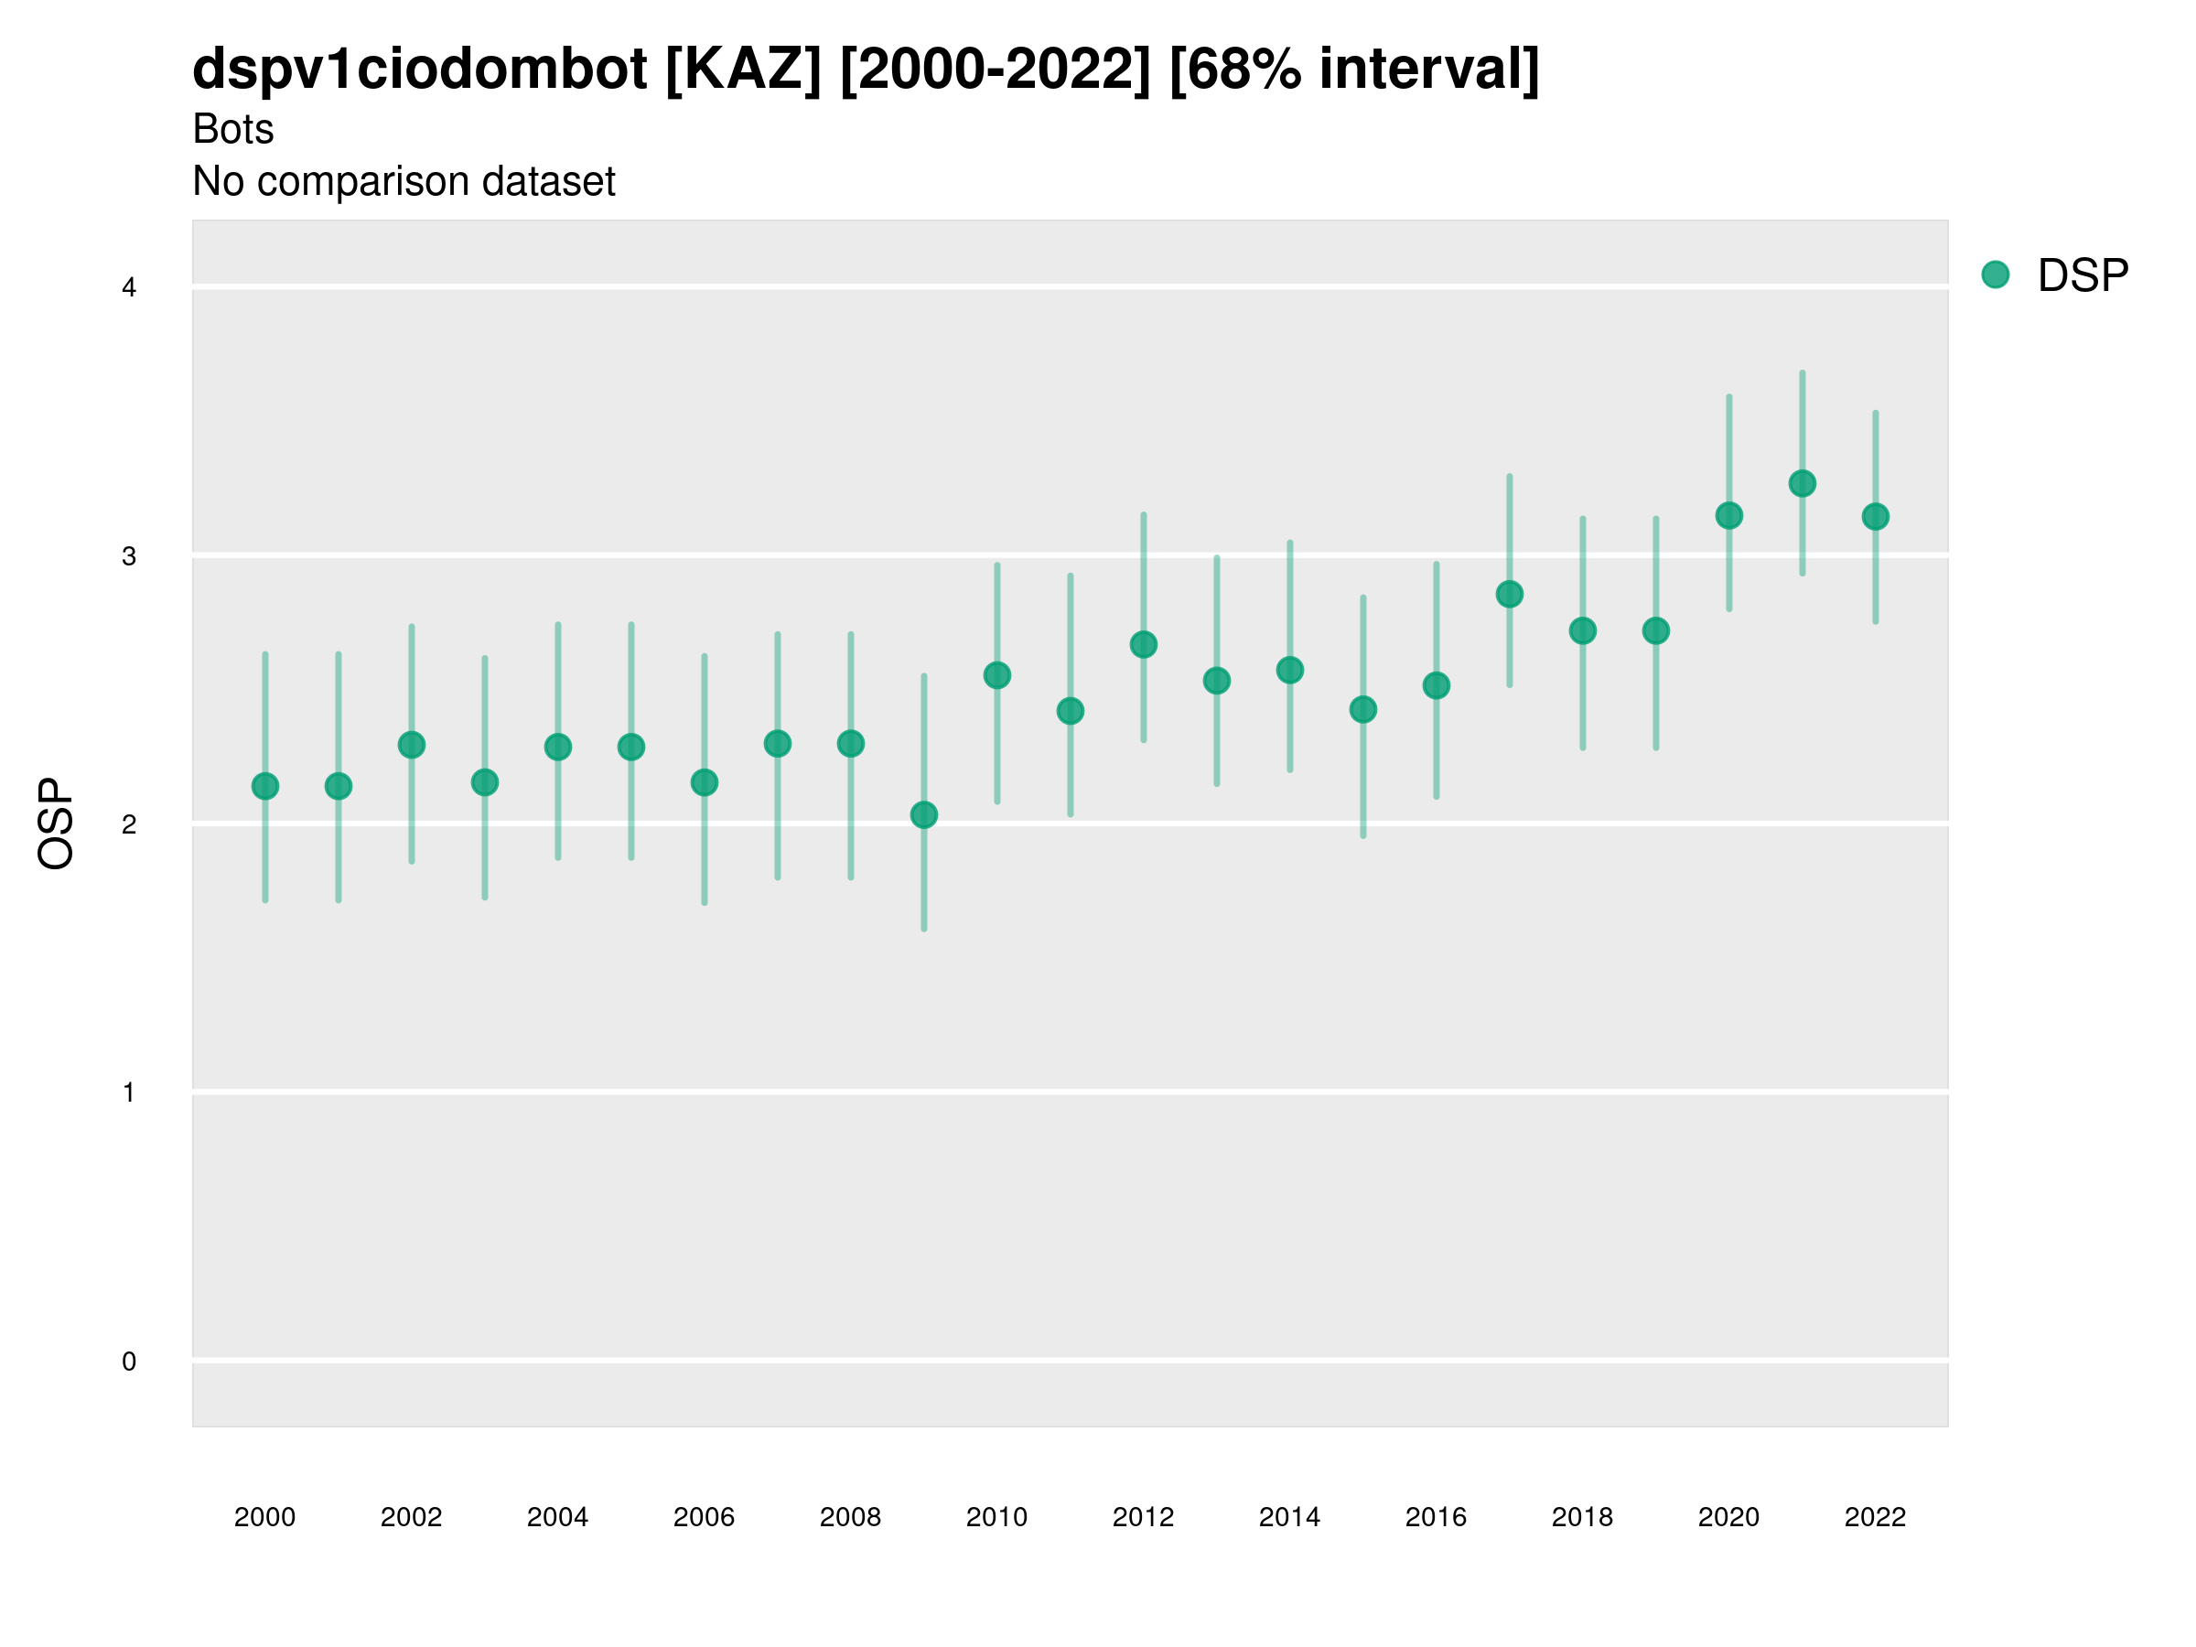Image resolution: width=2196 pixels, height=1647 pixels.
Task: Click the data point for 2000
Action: tap(265, 786)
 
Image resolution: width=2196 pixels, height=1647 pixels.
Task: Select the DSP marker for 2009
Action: tap(924, 815)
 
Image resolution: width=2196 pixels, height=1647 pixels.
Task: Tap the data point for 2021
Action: tap(1803, 483)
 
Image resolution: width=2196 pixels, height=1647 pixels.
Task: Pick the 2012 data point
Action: tap(1144, 645)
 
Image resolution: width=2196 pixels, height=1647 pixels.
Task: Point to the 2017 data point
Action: tap(1510, 595)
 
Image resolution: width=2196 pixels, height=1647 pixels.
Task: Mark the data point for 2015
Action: tap(1363, 710)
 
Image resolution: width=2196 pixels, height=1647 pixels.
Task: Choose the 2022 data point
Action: tap(1876, 517)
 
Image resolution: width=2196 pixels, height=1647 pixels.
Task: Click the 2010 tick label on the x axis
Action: tap(996, 1518)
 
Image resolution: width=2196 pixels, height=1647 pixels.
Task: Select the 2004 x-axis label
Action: tap(557, 1518)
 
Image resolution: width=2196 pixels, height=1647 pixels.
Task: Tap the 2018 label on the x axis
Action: tap(1582, 1518)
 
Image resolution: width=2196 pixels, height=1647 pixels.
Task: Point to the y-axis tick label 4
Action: tap(129, 288)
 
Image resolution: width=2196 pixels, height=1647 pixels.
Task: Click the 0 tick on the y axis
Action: tap(129, 1362)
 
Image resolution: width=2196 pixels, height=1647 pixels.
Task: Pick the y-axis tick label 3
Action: tap(129, 557)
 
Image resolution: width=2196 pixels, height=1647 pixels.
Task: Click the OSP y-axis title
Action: tap(57, 824)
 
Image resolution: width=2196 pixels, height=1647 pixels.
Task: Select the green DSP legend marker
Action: tap(1996, 275)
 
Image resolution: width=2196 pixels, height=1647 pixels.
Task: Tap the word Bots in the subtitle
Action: tap(233, 129)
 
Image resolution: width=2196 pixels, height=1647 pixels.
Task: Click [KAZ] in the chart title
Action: tap(744, 70)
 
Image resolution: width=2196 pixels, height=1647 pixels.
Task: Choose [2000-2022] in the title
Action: tap(995, 70)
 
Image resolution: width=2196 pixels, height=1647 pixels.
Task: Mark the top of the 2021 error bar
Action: tap(1803, 373)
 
